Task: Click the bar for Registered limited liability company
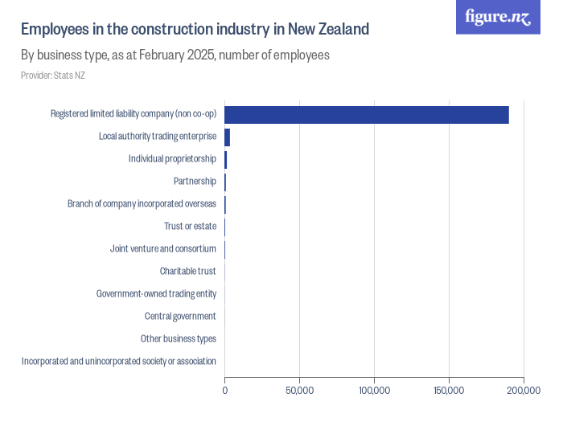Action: (x=366, y=114)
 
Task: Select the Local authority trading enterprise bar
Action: (x=228, y=137)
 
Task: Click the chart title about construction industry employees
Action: (x=195, y=30)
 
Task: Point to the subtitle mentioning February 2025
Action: (x=175, y=56)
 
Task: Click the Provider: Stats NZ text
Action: (x=53, y=76)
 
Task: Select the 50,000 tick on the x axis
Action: (x=299, y=391)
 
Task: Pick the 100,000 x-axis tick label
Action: (x=374, y=391)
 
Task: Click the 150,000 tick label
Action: (x=449, y=391)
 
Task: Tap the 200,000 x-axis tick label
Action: (x=524, y=391)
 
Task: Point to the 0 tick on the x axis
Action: (x=224, y=391)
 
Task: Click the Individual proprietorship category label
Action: (x=172, y=158)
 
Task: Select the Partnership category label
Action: (x=195, y=181)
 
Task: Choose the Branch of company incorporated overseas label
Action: (x=142, y=203)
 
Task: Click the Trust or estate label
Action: (x=190, y=226)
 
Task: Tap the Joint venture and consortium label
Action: (x=162, y=248)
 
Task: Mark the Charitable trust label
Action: (x=187, y=271)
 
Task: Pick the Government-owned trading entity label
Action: (x=156, y=293)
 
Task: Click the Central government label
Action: (x=180, y=316)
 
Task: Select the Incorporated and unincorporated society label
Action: (x=119, y=361)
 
